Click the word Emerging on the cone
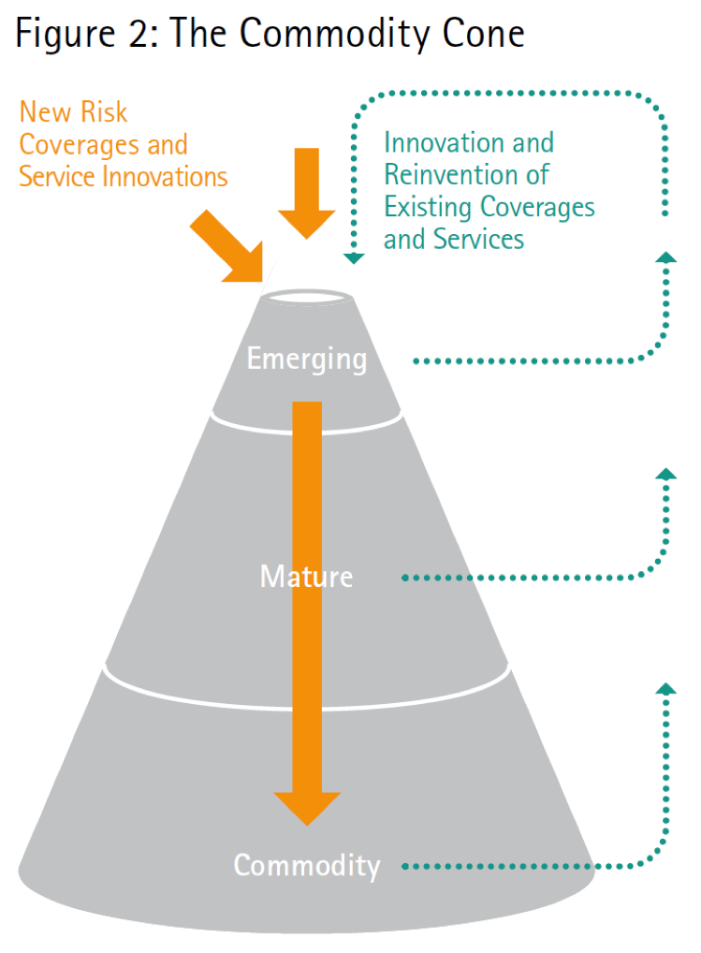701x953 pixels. click(306, 359)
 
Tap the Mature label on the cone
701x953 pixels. click(306, 576)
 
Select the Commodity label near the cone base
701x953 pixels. click(307, 865)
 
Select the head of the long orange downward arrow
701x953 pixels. click(306, 806)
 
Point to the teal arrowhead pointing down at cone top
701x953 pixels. click(352, 255)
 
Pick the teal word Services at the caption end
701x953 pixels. click(477, 239)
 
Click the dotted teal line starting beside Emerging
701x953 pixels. click(524, 360)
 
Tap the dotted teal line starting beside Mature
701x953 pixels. click(524, 578)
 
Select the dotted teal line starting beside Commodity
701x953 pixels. click(524, 866)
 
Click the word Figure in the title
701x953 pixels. click(62, 36)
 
